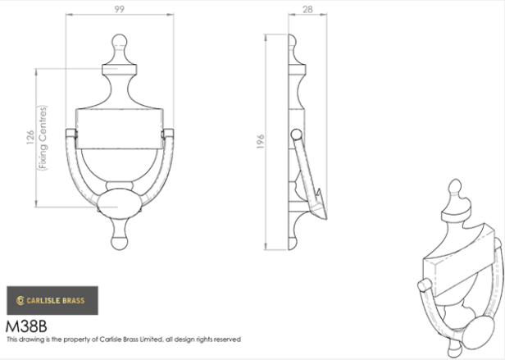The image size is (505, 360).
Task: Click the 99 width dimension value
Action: [x=119, y=9]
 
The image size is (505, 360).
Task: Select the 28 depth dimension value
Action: [x=307, y=10]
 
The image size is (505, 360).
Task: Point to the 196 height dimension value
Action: [x=261, y=142]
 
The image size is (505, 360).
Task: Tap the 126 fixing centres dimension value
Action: [x=30, y=137]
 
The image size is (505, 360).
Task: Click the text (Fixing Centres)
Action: [x=43, y=138]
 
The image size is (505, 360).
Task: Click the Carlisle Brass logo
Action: [x=52, y=300]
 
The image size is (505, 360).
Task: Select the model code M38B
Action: [x=26, y=326]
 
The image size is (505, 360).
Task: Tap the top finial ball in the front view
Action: [x=120, y=42]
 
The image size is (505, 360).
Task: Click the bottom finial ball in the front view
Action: [x=120, y=243]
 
